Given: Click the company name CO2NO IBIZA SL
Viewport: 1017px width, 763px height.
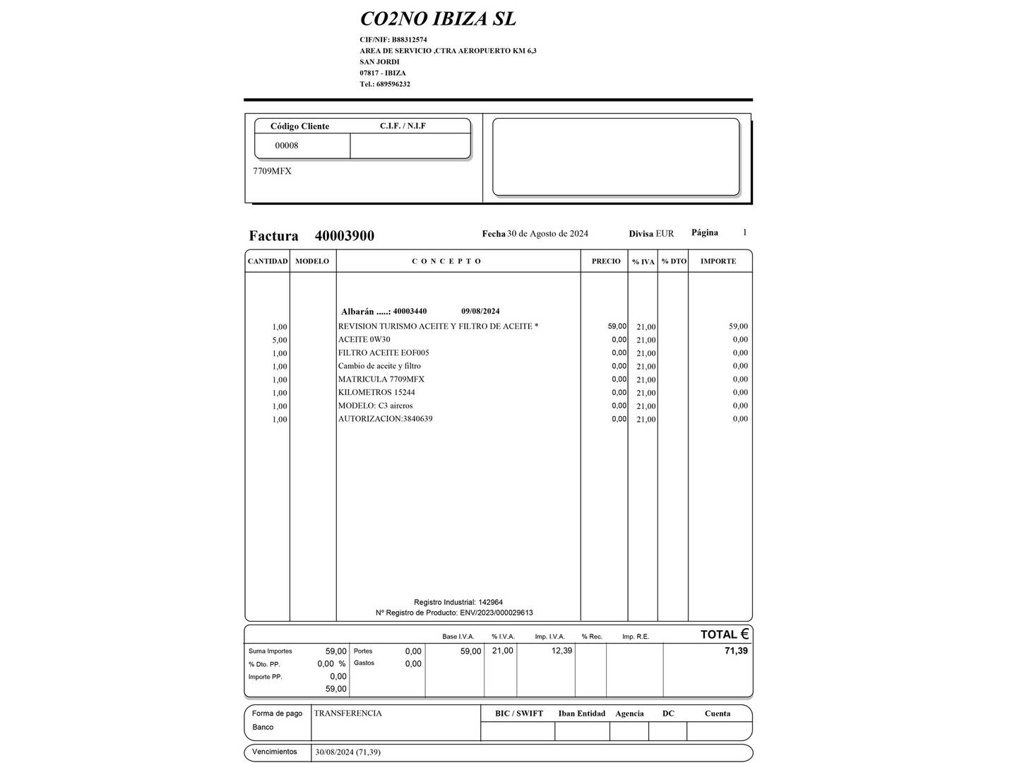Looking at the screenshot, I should (x=438, y=19).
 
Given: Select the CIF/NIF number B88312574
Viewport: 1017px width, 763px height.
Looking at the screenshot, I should (x=409, y=40).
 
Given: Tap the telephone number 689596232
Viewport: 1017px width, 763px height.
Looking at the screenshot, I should (x=393, y=84).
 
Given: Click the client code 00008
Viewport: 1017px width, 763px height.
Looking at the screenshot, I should (x=287, y=146).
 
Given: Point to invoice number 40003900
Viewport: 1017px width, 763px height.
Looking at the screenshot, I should (x=345, y=236).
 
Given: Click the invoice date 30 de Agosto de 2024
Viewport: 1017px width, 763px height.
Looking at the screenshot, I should (x=547, y=234).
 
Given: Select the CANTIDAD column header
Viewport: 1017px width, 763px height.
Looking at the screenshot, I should (x=268, y=261).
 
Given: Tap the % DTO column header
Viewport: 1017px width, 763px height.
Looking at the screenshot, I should (x=674, y=261).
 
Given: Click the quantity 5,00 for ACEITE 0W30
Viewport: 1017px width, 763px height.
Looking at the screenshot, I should (x=280, y=340).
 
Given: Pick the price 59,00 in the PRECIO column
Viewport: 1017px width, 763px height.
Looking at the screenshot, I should (x=617, y=326).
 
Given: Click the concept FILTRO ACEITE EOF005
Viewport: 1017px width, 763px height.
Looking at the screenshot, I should (x=383, y=353).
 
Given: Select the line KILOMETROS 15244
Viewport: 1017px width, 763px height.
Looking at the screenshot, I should (x=376, y=392).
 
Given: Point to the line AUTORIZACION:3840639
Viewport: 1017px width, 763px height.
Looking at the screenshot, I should (x=385, y=419).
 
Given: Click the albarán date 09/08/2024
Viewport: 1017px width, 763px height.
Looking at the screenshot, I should (x=480, y=312).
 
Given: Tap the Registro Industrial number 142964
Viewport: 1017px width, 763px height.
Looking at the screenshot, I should (x=491, y=603).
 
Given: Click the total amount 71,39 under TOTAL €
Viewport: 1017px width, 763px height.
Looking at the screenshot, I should (x=736, y=651).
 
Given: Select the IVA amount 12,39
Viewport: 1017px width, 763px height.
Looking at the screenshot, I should (x=561, y=651).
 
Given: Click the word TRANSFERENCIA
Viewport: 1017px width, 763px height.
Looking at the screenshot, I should (x=348, y=714).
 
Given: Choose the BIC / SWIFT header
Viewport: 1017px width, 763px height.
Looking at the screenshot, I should (x=519, y=714).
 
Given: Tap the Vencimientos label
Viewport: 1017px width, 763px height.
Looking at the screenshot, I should (x=275, y=752).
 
